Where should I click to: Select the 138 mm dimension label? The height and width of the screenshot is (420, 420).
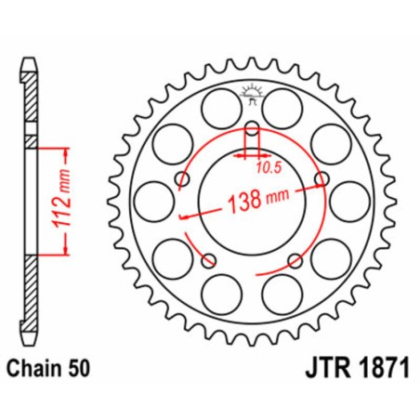pyautogui.click(x=255, y=198)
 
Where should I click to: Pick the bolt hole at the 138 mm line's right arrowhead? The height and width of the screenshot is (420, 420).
pyautogui.click(x=322, y=178)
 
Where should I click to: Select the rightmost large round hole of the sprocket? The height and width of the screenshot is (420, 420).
pyautogui.click(x=348, y=199)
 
